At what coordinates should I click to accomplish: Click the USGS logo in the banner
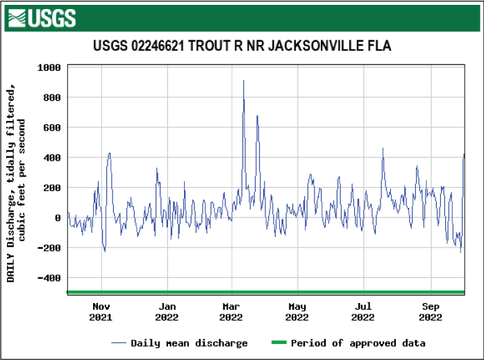click(41, 18)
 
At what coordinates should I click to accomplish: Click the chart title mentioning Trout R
click(242, 47)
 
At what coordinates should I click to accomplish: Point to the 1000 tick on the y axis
click(49, 67)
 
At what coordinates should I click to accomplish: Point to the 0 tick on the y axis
click(58, 218)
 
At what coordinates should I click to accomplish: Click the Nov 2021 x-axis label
click(101, 312)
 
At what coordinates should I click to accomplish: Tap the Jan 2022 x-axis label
click(167, 312)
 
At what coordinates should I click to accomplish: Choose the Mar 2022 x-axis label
click(231, 312)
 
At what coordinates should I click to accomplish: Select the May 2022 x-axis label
click(297, 312)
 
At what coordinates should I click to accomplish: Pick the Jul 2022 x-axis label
click(363, 312)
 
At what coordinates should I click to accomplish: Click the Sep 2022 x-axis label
click(431, 312)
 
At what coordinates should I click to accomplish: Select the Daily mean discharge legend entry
click(180, 343)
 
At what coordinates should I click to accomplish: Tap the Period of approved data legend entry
click(348, 343)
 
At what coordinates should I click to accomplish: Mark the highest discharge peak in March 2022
click(243, 81)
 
